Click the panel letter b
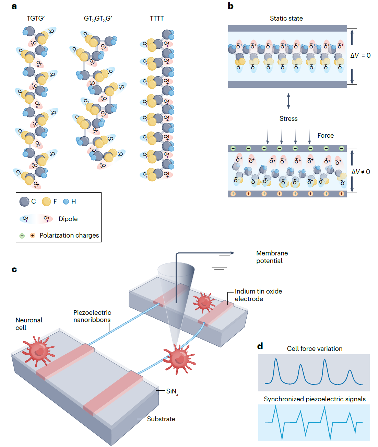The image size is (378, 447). pyautogui.click(x=231, y=6)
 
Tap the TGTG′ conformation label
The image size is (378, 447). pyautogui.click(x=36, y=19)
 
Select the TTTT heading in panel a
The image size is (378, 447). pyautogui.click(x=157, y=19)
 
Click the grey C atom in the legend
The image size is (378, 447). pyautogui.click(x=24, y=202)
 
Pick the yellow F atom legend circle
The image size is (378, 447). pyautogui.click(x=46, y=202)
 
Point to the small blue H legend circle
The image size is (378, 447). pyautogui.click(x=66, y=202)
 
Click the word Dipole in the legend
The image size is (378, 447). pyautogui.click(x=68, y=219)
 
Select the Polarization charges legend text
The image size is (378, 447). pyautogui.click(x=69, y=236)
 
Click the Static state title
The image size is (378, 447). pyautogui.click(x=286, y=19)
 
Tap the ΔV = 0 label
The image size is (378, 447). pyautogui.click(x=360, y=56)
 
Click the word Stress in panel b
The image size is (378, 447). pyautogui.click(x=288, y=119)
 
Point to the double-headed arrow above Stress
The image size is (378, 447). pyautogui.click(x=288, y=101)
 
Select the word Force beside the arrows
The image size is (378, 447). pyautogui.click(x=325, y=136)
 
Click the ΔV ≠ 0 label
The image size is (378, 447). pyautogui.click(x=361, y=172)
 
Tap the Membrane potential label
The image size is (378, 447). pyautogui.click(x=272, y=257)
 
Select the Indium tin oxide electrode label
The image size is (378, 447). pyautogui.click(x=258, y=295)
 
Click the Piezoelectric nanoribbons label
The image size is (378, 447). pyautogui.click(x=92, y=316)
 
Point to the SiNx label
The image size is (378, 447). pyautogui.click(x=172, y=391)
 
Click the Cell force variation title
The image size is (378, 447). pyautogui.click(x=315, y=349)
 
